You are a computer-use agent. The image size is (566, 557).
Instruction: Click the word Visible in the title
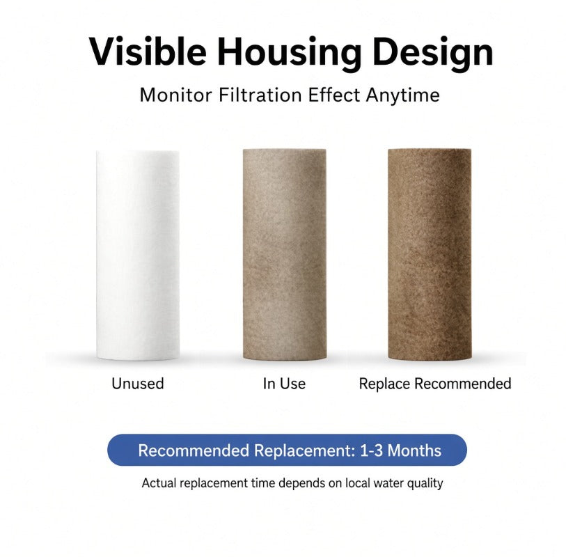click(x=148, y=52)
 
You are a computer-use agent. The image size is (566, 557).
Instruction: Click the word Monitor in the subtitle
click(x=175, y=95)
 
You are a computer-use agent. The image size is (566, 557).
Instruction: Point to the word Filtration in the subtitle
click(x=260, y=95)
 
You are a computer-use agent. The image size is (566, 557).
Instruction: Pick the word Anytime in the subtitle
click(x=402, y=96)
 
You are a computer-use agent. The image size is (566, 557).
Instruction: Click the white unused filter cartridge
click(x=138, y=256)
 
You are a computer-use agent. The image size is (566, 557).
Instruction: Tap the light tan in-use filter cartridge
click(x=285, y=255)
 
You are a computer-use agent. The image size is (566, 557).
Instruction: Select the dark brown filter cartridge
click(x=430, y=255)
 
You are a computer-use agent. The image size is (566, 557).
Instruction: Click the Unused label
click(x=138, y=384)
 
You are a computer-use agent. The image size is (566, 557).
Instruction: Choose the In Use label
click(x=284, y=384)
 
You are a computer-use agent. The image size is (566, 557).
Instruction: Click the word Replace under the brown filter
click(x=384, y=384)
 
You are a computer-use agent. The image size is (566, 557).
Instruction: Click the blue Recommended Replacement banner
click(x=287, y=450)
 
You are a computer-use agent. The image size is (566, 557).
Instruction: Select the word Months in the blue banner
click(x=414, y=451)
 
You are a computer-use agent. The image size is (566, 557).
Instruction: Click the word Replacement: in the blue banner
click(x=304, y=451)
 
